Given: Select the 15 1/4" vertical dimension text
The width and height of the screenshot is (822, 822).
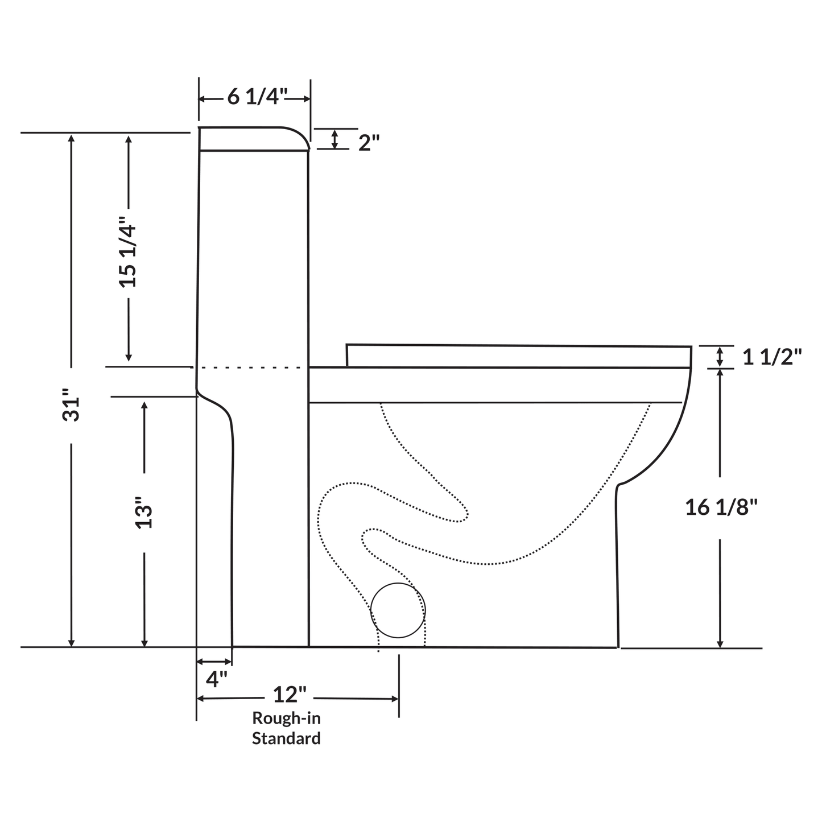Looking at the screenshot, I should (128, 251).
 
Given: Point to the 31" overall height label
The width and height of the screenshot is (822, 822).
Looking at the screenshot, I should (72, 406).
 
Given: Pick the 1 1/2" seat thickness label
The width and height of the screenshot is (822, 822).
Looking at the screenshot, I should (772, 357).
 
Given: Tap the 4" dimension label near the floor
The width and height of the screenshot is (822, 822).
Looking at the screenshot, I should (216, 679).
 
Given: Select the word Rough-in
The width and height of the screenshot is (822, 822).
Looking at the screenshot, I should (286, 718).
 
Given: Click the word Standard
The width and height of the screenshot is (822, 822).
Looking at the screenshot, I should (286, 738).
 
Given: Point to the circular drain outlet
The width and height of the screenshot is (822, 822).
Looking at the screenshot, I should (398, 610).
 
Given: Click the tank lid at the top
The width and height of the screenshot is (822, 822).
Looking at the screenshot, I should (253, 139).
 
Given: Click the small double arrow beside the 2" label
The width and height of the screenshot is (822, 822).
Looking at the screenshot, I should (335, 139).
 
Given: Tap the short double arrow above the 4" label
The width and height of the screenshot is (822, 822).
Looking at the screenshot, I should (214, 662).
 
